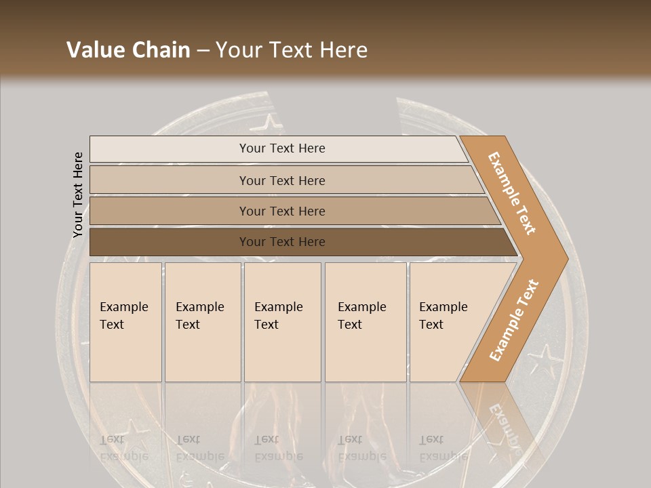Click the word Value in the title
(x=94, y=50)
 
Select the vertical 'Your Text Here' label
(x=78, y=195)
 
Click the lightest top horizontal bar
(x=281, y=148)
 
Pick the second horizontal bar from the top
(x=281, y=180)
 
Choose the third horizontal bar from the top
(x=281, y=211)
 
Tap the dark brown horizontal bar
(x=281, y=242)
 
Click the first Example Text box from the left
(x=125, y=322)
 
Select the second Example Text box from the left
(x=202, y=322)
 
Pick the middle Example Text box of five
(x=282, y=322)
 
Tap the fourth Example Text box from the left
(x=365, y=322)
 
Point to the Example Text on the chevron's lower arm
(x=513, y=321)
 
